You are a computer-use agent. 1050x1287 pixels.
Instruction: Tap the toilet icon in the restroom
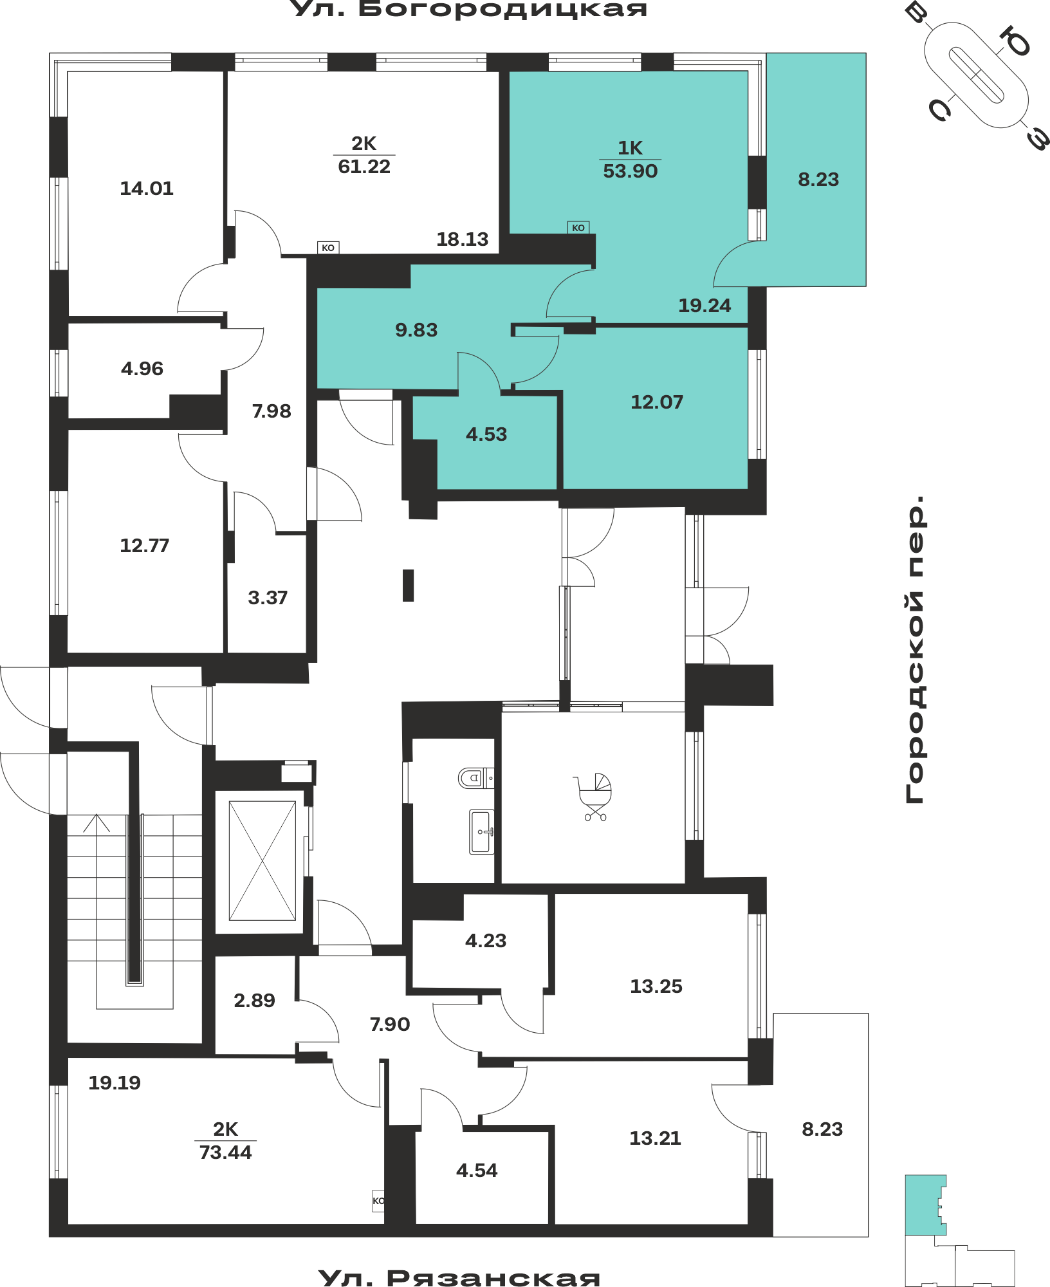pyautogui.click(x=475, y=778)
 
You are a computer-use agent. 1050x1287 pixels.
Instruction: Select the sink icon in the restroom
pyautogui.click(x=482, y=831)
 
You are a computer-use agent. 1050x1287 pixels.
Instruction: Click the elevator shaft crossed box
pyautogui.click(x=262, y=860)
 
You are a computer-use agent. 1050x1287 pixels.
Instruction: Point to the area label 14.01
pyautogui.click(x=147, y=189)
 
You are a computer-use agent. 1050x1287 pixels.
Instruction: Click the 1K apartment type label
pyautogui.click(x=630, y=148)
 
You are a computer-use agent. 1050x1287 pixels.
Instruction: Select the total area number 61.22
pyautogui.click(x=364, y=167)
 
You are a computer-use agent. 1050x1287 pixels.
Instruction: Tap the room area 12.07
pyautogui.click(x=656, y=402)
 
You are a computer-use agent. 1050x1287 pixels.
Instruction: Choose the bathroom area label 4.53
pyautogui.click(x=486, y=434)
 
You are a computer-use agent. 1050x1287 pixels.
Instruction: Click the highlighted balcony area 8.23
pyautogui.click(x=818, y=180)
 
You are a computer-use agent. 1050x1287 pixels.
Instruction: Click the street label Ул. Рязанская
pyautogui.click(x=459, y=1277)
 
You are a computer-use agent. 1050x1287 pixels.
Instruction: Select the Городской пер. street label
pyautogui.click(x=914, y=649)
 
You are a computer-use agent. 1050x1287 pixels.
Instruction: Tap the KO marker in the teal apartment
pyautogui.click(x=578, y=228)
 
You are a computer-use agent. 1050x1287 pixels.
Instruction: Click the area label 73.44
pyautogui.click(x=225, y=1153)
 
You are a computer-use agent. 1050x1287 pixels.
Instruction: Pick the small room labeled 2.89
pyautogui.click(x=254, y=1001)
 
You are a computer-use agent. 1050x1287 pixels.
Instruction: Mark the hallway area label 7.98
pyautogui.click(x=272, y=411)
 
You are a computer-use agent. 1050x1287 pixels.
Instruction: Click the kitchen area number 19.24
pyautogui.click(x=705, y=306)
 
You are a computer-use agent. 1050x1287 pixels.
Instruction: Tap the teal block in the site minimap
pyautogui.click(x=924, y=1205)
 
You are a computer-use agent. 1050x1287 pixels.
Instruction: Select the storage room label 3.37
pyautogui.click(x=268, y=598)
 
